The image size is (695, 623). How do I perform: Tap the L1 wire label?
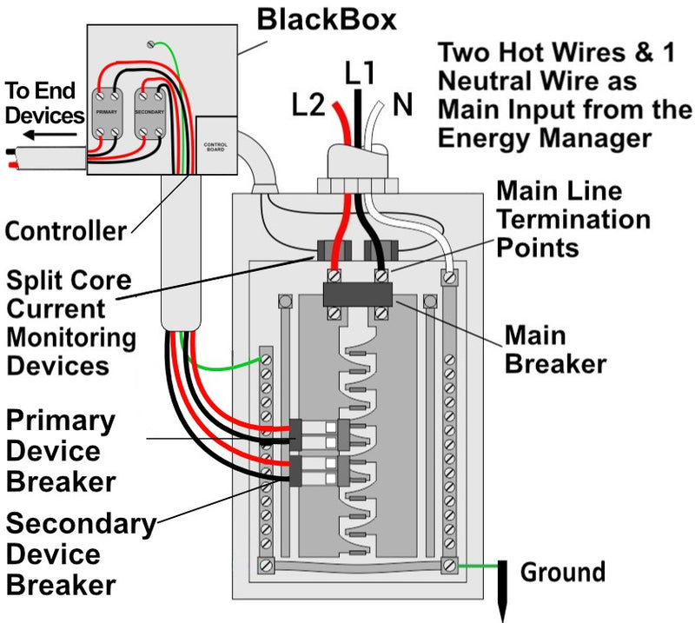click(361, 74)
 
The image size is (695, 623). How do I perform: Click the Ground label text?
click(562, 573)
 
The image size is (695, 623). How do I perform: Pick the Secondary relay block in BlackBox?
click(150, 112)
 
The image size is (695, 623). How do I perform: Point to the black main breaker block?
click(358, 295)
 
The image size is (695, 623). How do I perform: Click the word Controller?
click(65, 231)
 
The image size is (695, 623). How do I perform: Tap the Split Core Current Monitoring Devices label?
click(70, 322)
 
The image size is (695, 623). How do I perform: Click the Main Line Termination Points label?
click(572, 219)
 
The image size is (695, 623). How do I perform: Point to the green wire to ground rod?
click(477, 566)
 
